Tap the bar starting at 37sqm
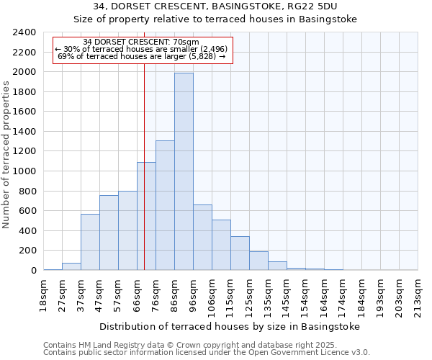point(90,242)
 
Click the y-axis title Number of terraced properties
point(6,155)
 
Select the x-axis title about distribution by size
point(229,326)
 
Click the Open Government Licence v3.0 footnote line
point(207,353)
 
